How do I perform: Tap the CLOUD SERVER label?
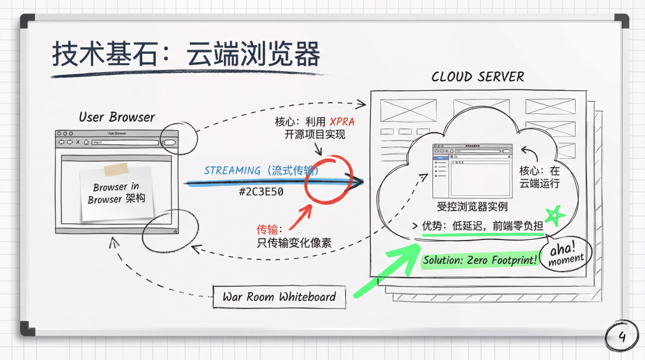click(x=477, y=77)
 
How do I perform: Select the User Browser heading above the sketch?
click(x=116, y=117)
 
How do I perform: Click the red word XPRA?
click(x=342, y=122)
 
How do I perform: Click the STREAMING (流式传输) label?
click(x=261, y=171)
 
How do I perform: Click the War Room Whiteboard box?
click(x=279, y=297)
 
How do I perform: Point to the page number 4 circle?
click(x=622, y=338)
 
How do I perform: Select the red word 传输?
click(x=267, y=229)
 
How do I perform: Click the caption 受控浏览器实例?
click(x=472, y=207)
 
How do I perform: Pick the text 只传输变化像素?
click(x=294, y=242)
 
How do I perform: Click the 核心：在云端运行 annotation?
click(x=539, y=177)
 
